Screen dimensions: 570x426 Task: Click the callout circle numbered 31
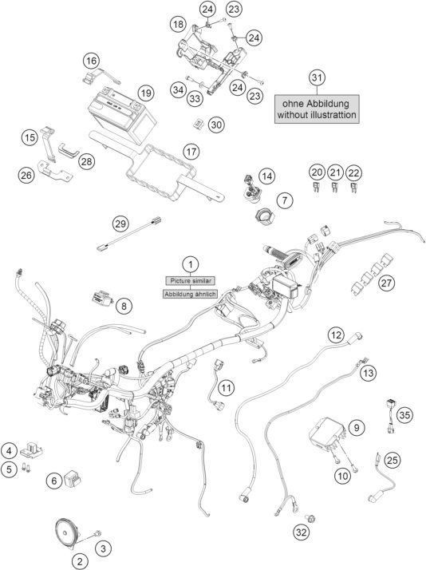point(318,77)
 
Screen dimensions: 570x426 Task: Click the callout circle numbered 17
point(191,152)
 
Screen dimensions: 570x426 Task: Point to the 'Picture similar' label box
point(191,280)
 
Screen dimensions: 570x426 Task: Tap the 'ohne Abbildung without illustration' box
point(318,108)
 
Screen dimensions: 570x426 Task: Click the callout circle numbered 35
point(405,415)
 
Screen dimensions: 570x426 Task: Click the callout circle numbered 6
point(54,481)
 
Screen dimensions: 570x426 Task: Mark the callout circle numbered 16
point(92,61)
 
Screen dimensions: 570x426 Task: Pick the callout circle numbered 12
point(337,335)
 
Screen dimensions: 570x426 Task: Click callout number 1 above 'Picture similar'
point(191,263)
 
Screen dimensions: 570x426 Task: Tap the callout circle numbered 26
point(26,175)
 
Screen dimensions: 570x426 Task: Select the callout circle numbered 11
point(227,387)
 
